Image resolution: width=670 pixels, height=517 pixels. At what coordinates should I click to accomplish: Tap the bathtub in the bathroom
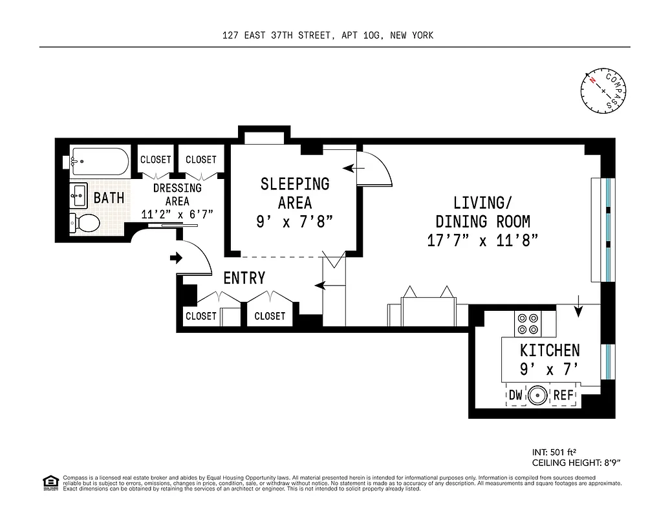(x=100, y=162)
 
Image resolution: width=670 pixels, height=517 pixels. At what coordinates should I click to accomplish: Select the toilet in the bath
(x=84, y=223)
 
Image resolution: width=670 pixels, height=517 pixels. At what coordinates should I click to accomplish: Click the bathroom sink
(x=79, y=194)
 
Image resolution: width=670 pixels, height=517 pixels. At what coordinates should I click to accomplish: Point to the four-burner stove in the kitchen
(x=528, y=324)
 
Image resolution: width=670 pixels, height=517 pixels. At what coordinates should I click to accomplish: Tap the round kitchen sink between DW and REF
(x=537, y=396)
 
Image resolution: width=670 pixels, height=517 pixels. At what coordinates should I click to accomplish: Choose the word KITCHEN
(x=550, y=350)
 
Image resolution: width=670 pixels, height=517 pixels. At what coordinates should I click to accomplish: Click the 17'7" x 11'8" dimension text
(x=482, y=241)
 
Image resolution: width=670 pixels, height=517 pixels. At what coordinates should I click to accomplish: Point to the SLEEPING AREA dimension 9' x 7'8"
(x=295, y=222)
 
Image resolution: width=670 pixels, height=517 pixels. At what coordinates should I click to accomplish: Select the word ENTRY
(x=244, y=278)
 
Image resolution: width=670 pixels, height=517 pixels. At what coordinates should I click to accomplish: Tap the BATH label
(x=109, y=198)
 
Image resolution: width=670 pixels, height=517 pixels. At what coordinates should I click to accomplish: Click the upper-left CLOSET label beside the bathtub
(x=156, y=160)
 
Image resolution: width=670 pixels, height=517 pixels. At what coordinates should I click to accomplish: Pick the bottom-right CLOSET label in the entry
(x=270, y=316)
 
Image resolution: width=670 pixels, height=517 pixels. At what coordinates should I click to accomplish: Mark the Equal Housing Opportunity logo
(x=49, y=482)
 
